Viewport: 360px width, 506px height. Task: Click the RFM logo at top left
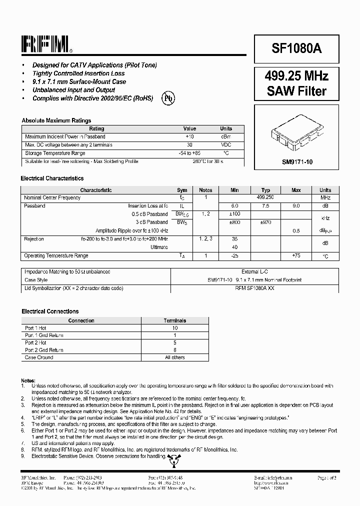click(x=46, y=45)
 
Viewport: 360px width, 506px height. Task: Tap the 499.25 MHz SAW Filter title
click(x=296, y=83)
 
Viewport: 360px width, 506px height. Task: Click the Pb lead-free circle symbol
click(x=168, y=98)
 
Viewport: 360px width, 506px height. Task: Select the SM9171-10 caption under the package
click(x=296, y=162)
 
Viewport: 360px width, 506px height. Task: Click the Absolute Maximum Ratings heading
click(x=56, y=120)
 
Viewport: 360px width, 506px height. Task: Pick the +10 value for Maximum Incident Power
click(x=189, y=136)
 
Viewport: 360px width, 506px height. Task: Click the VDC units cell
click(x=226, y=145)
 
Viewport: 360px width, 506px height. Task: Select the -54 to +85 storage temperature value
click(x=189, y=153)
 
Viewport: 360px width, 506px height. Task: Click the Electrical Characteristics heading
click(x=52, y=178)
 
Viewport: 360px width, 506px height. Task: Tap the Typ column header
click(x=265, y=190)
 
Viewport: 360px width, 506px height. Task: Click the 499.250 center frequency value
click(x=265, y=197)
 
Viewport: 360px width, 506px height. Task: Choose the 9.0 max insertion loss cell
click(x=296, y=205)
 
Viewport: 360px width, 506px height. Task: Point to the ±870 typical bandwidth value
click(x=265, y=222)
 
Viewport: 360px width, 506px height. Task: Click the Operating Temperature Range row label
click(x=56, y=255)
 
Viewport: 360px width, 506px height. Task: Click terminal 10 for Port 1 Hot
click(x=175, y=328)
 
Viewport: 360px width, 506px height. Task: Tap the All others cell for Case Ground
click(x=175, y=357)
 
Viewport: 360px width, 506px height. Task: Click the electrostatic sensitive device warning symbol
click(x=172, y=458)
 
